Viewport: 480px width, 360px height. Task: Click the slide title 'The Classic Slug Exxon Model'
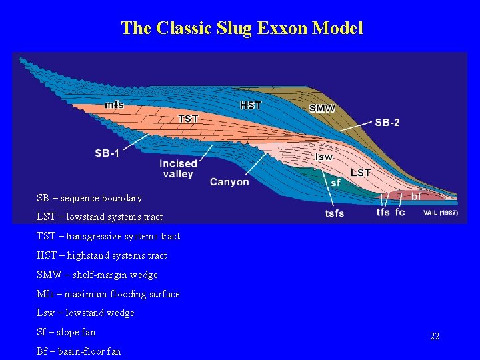tap(242, 28)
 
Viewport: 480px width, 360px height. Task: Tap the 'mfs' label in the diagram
tap(114, 105)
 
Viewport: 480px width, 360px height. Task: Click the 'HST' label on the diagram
tap(251, 105)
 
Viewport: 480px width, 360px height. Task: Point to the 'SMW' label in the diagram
tap(322, 108)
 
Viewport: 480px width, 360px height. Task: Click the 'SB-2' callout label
tap(387, 123)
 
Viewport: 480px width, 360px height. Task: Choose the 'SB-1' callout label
tap(107, 153)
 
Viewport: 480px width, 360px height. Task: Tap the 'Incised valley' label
tap(178, 169)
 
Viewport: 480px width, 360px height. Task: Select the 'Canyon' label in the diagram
tap(229, 181)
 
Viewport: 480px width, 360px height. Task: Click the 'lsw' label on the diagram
tap(323, 157)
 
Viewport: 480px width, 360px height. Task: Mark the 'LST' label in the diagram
tap(361, 173)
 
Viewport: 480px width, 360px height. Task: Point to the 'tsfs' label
tap(335, 213)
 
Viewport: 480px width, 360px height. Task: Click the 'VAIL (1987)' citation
tap(441, 213)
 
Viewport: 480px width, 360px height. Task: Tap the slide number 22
tap(435, 337)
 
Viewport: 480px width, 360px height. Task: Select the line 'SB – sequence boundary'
tap(89, 198)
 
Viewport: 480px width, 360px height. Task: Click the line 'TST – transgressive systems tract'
tap(108, 236)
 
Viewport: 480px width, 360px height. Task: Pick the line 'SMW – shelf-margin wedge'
tap(97, 275)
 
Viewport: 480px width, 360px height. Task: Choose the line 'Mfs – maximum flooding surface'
tap(108, 294)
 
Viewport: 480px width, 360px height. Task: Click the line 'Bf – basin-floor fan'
tap(79, 351)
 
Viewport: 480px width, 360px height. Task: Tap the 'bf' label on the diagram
tap(416, 197)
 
